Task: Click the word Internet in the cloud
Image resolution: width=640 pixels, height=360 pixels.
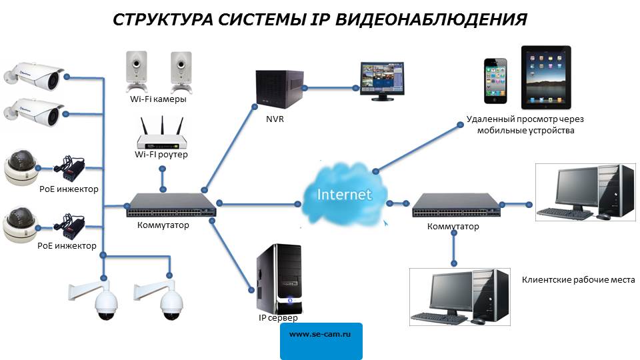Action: (x=344, y=195)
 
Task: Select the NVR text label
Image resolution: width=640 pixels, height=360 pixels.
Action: (x=275, y=120)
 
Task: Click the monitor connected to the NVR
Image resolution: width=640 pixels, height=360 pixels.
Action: (x=383, y=80)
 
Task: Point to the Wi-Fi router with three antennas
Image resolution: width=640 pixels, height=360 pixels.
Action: (x=161, y=136)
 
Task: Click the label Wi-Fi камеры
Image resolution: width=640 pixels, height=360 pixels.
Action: (x=158, y=99)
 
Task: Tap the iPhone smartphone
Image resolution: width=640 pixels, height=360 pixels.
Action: (x=495, y=81)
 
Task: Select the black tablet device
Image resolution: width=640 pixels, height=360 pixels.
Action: (x=545, y=76)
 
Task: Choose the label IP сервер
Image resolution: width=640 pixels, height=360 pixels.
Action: (x=278, y=318)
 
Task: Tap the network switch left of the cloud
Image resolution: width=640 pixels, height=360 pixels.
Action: (x=171, y=204)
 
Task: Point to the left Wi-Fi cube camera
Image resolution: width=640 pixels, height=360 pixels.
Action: (x=136, y=70)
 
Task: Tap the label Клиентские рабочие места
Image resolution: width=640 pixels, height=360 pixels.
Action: (x=578, y=280)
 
